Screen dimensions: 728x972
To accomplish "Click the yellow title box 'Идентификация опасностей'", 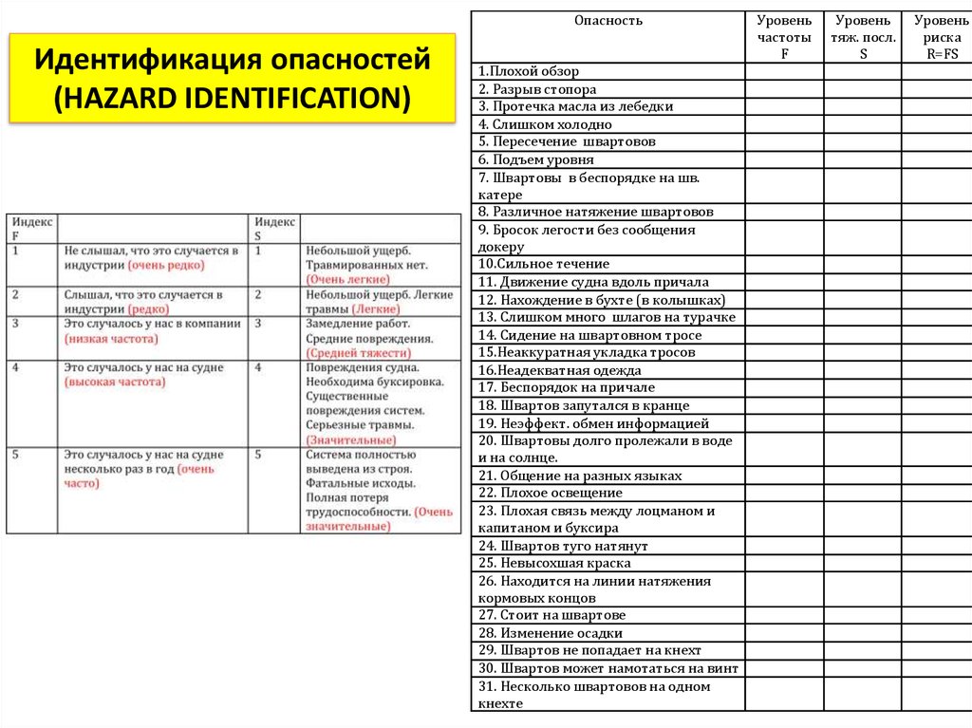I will click(x=233, y=79).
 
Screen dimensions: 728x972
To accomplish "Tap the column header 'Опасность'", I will click(x=607, y=21).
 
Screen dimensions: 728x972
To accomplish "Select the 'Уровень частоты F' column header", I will click(x=784, y=37).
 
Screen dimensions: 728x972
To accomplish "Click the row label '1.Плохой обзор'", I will click(x=529, y=71).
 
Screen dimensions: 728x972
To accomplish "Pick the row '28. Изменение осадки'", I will click(x=551, y=633).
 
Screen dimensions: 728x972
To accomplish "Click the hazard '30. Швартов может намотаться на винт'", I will click(x=607, y=668).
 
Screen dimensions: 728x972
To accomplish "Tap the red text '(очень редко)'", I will click(x=166, y=265).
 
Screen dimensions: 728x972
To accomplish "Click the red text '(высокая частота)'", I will click(x=115, y=382).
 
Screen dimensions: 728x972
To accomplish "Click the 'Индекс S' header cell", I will click(x=273, y=228).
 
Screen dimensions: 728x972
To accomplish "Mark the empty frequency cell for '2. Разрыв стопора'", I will click(x=784, y=89).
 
